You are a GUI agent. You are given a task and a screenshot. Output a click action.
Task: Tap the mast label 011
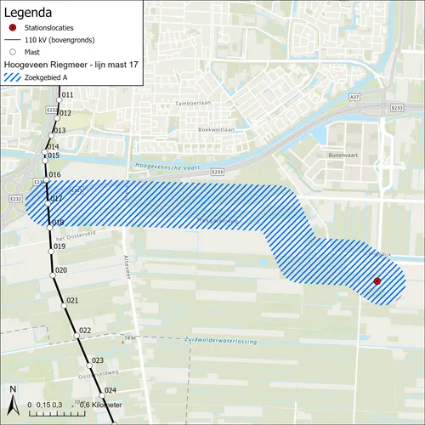[x=68, y=94]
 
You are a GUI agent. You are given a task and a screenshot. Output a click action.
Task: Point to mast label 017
[x=57, y=200]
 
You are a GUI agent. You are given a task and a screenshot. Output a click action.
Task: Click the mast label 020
[x=60, y=270]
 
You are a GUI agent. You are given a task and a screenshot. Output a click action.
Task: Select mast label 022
[x=84, y=330]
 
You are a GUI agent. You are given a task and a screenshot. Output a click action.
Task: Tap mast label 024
[x=110, y=390]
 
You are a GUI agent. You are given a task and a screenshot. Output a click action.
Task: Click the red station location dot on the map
[x=377, y=281]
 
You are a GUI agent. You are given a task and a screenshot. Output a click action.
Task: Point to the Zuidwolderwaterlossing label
[x=221, y=340]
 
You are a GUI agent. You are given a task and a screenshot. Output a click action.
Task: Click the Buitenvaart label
[x=343, y=156]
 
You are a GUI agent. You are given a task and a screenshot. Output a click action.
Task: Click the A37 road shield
[x=354, y=99]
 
